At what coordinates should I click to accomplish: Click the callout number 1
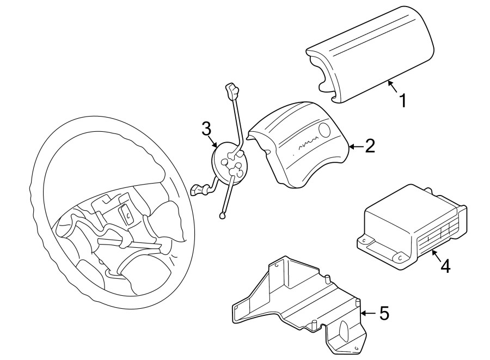pyautogui.click(x=403, y=100)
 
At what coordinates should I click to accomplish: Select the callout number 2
pyautogui.click(x=370, y=145)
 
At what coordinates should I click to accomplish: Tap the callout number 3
pyautogui.click(x=206, y=129)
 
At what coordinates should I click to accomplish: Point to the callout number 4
pyautogui.click(x=445, y=266)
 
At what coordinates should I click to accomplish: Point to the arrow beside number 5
pyautogui.click(x=367, y=313)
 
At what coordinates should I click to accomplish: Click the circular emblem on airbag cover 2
pyautogui.click(x=325, y=130)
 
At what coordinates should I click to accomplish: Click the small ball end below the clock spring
pyautogui.click(x=222, y=216)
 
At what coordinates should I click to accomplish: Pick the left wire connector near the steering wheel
pyautogui.click(x=198, y=191)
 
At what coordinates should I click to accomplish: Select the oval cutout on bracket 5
pyautogui.click(x=346, y=332)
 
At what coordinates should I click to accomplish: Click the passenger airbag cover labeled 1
pyautogui.click(x=370, y=54)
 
